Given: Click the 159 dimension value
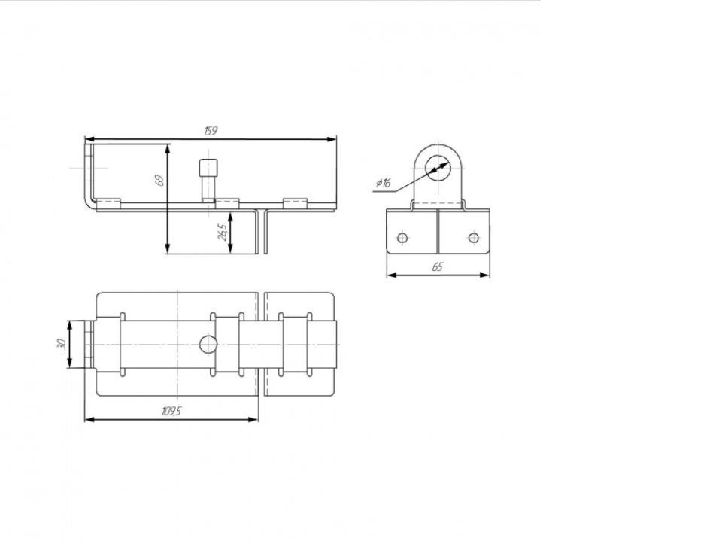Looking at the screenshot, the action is click(x=211, y=131).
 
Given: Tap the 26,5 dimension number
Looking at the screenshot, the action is click(x=222, y=233).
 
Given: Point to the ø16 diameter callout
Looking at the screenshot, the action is click(x=383, y=183).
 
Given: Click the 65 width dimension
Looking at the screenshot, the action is click(x=438, y=267).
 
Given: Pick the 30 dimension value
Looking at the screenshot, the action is click(x=62, y=344).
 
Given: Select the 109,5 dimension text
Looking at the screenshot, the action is click(x=171, y=411).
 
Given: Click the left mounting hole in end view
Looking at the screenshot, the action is click(x=402, y=238).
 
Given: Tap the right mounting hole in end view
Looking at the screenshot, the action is click(x=473, y=238).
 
